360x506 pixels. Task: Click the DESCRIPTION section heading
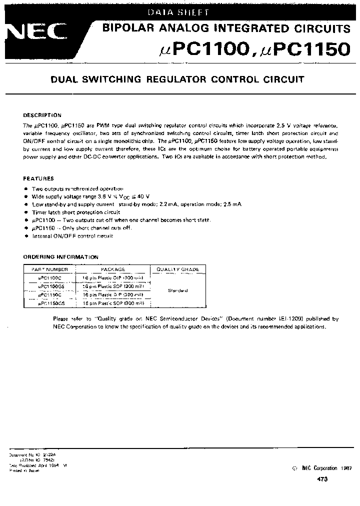[42, 115]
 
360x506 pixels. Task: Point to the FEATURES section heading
[38, 178]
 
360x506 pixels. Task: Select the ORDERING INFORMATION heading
[61, 257]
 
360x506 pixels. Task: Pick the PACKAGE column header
[112, 269]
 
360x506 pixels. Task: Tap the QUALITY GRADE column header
[177, 269]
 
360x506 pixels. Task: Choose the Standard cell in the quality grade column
[177, 290]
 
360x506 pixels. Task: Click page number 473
[322, 479]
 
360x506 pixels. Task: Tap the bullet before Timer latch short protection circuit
[26, 212]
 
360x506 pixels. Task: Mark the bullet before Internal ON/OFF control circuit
[26, 235]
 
